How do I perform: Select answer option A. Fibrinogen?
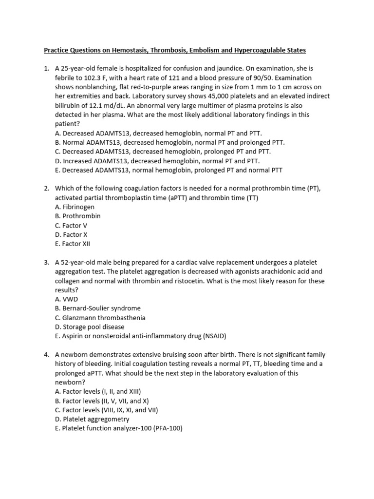pos(75,207)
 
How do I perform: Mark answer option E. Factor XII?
pos(73,244)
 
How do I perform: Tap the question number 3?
pos(46,263)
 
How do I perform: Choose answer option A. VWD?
pos(66,299)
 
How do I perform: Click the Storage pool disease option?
pos(90,327)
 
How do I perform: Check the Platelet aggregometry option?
pos(92,419)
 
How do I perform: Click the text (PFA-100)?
pos(165,428)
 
